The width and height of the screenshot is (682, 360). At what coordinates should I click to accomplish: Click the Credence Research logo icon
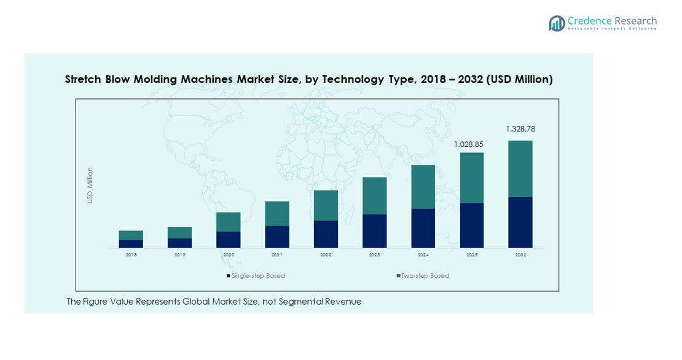557,23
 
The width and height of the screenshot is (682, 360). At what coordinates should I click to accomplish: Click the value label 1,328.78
520,129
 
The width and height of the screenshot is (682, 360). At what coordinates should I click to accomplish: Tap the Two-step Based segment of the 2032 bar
520,169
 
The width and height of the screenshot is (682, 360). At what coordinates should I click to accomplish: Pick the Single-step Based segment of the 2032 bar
520,222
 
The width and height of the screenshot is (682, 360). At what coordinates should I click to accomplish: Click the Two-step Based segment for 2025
471,178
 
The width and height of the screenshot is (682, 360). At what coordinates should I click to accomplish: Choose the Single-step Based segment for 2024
423,228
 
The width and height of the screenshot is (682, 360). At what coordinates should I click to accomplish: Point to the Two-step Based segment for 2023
374,195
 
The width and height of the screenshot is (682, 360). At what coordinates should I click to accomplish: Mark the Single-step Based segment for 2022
326,234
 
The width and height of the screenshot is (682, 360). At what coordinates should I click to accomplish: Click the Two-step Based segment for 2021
277,213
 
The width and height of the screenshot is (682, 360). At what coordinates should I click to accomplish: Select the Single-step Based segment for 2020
228,240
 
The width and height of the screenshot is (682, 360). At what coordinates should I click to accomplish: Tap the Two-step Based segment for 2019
179,232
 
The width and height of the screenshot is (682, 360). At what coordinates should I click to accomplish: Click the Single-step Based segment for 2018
131,244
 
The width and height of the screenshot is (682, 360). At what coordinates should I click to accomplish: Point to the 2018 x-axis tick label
131,254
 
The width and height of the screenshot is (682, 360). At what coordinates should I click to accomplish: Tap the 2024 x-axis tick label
423,254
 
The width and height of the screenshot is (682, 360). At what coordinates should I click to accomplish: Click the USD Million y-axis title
90,185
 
